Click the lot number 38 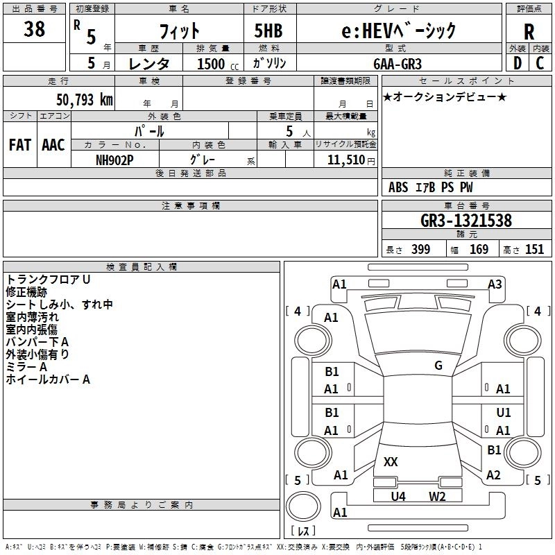click(x=34, y=30)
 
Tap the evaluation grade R click(x=529, y=31)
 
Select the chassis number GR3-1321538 click(x=466, y=221)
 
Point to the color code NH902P click(x=115, y=159)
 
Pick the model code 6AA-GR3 click(x=396, y=62)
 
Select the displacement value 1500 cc click(x=212, y=63)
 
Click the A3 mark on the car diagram click(x=495, y=284)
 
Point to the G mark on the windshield click(x=438, y=366)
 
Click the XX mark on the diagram click(x=391, y=461)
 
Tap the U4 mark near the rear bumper click(x=398, y=496)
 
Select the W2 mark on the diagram click(x=436, y=496)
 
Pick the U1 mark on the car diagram click(x=504, y=413)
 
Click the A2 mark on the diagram click(x=493, y=475)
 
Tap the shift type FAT click(x=20, y=145)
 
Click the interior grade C click(x=539, y=63)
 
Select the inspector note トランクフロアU click(x=49, y=280)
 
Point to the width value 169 click(x=479, y=249)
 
